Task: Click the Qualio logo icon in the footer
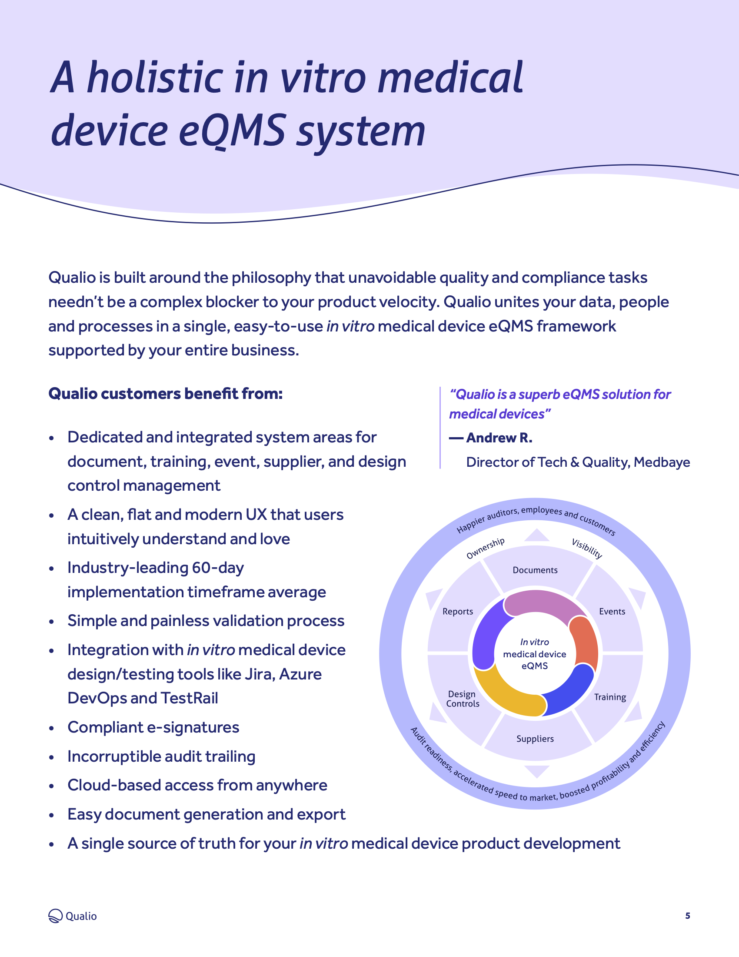[56, 916]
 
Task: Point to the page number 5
[688, 915]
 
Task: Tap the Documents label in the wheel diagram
[535, 570]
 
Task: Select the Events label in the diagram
[612, 611]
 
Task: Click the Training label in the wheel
[610, 697]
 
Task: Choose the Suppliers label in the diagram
[535, 739]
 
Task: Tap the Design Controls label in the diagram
[463, 699]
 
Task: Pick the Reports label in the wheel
[457, 611]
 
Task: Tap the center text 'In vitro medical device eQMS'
[535, 654]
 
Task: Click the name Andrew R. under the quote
[499, 438]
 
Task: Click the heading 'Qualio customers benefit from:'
[166, 394]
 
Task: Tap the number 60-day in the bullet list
[218, 568]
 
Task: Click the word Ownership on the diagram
[485, 548]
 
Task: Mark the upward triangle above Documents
[537, 535]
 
